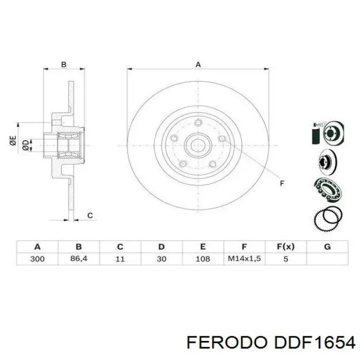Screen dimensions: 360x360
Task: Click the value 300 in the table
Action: pos(37,259)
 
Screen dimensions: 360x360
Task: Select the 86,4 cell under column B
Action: pos(79,259)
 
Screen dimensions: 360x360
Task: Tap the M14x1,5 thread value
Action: pos(244,259)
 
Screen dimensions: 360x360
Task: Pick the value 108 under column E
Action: pos(203,259)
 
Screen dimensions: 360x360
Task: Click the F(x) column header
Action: pos(285,246)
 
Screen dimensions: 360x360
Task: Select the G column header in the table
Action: pos(327,246)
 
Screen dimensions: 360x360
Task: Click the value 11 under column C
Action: pos(120,259)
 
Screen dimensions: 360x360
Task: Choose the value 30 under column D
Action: pos(161,259)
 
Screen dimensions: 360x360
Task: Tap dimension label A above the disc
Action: pos(198,64)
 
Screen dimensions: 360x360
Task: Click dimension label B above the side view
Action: pos(64,64)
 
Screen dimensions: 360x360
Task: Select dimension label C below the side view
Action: pos(90,215)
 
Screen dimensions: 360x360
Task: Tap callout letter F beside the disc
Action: pos(281,183)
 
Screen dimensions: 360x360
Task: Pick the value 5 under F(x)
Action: pos(285,259)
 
